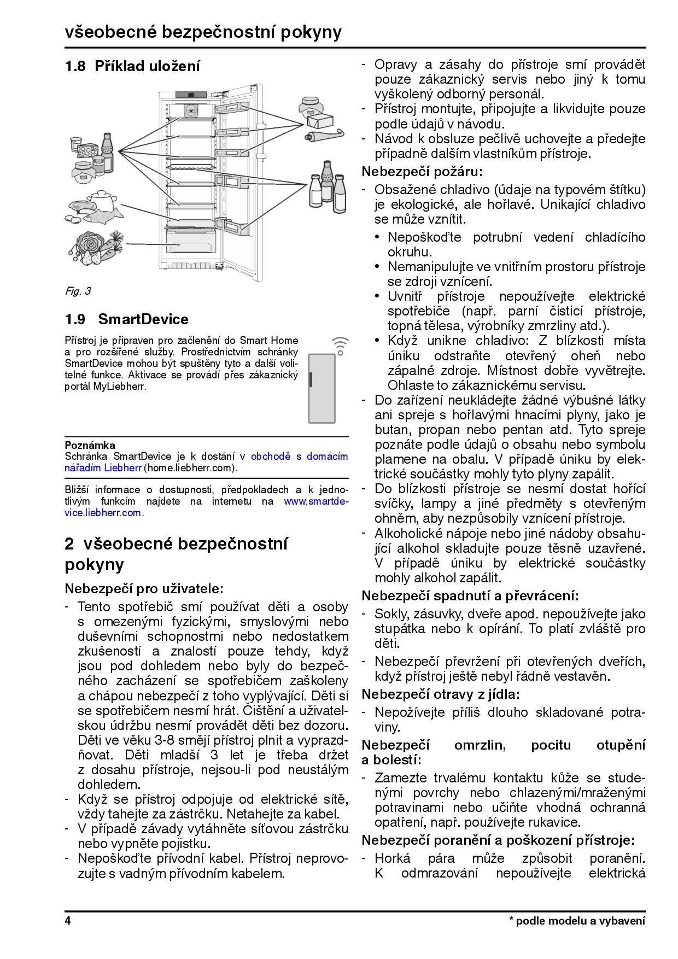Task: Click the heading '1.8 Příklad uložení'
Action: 132,66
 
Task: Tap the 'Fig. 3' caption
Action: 78,291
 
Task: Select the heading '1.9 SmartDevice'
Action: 126,319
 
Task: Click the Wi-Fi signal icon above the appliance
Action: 340,346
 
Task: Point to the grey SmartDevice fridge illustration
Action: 322,389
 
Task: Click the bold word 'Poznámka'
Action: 90,445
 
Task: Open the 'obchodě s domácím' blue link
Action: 299,456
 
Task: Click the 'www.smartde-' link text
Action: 316,501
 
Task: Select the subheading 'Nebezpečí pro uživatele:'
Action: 144,589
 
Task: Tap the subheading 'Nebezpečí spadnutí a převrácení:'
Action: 470,595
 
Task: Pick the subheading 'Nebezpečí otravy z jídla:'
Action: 441,694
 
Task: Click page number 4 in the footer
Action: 68,921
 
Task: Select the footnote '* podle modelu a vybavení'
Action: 577,921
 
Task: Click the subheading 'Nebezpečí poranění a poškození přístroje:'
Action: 498,840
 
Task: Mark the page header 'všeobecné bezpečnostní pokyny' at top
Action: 203,32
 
